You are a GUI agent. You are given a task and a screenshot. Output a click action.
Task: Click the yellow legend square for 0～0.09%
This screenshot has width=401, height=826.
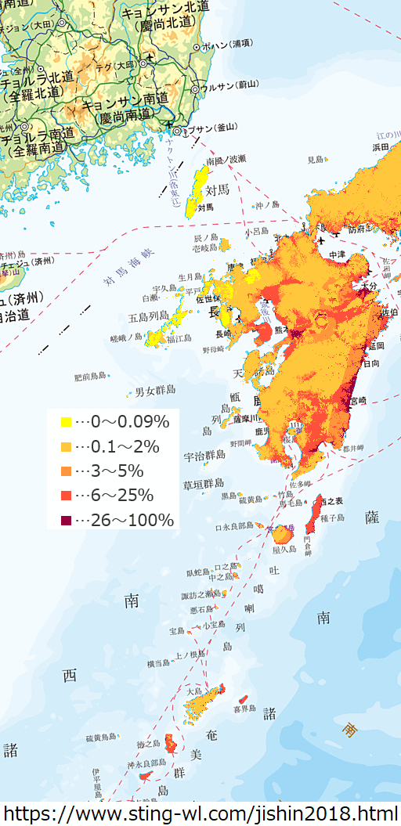coord(66,422)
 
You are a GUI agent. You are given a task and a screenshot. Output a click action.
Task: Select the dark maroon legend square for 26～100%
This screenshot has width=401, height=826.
coord(66,520)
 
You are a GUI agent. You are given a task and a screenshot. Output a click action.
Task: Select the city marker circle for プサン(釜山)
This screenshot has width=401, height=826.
coord(178,130)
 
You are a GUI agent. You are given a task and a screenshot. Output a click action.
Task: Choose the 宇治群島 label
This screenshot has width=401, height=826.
coord(204,455)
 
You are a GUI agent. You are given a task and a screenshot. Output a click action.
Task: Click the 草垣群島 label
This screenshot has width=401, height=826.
coord(204,484)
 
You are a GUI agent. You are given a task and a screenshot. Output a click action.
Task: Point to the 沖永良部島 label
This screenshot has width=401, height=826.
coord(146,762)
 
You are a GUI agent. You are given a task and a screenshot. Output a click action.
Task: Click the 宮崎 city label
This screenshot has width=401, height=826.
coord(356,400)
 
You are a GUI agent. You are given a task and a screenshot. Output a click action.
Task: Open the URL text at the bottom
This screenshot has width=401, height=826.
coord(200,813)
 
